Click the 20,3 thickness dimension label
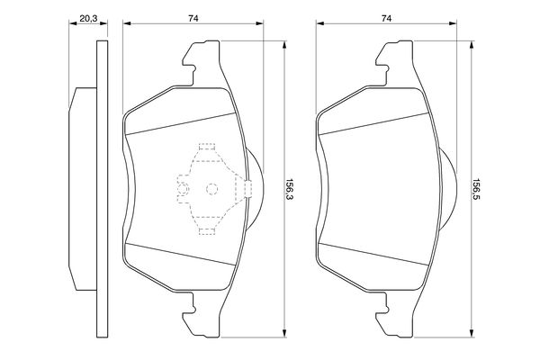point(87,18)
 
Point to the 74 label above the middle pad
point(192,18)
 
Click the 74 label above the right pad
point(387,18)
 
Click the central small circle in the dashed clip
point(211,189)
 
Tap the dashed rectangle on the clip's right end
point(246,188)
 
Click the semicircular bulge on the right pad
point(447,188)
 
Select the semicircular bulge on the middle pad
point(255,188)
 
